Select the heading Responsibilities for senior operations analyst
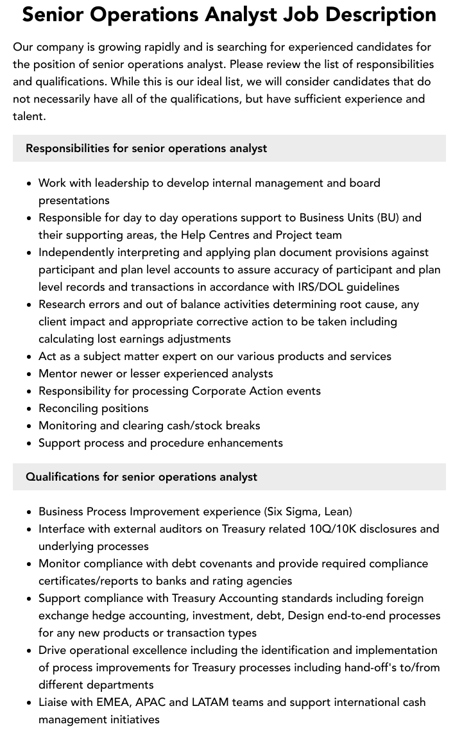click(x=146, y=148)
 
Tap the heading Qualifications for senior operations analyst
click(x=141, y=477)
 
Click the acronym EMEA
click(x=113, y=702)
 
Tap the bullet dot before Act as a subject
click(x=30, y=357)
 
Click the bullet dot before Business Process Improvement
click(x=30, y=512)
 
